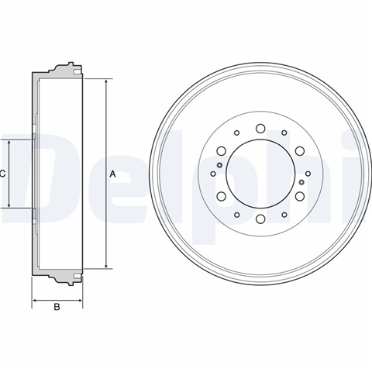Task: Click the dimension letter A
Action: tap(112, 174)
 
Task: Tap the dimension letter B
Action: tap(57, 307)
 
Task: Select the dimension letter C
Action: tap(2, 174)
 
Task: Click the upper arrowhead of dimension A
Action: tap(106, 83)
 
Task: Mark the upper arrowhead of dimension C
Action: tap(9, 144)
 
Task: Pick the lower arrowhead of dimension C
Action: tap(9, 204)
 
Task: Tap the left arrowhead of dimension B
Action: tap(36, 301)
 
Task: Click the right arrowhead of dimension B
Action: tap(78, 301)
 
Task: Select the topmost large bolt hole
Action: tap(260, 129)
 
